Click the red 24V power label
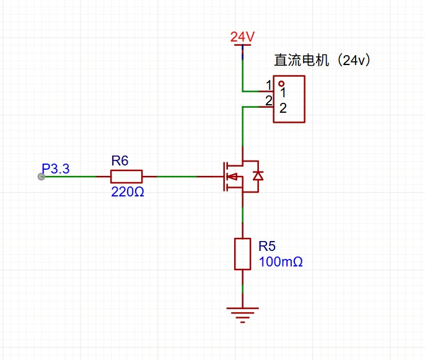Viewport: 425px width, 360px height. (x=242, y=37)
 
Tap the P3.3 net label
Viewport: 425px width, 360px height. (x=56, y=169)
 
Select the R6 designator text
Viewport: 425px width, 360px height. (x=120, y=161)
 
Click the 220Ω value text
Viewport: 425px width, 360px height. (x=128, y=192)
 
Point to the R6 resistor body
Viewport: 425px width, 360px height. (x=126, y=177)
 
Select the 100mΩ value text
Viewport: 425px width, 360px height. (x=281, y=262)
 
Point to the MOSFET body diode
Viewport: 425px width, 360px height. (x=257, y=176)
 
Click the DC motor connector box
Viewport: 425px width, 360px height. (x=289, y=99)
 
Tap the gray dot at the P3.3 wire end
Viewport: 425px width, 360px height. (x=42, y=177)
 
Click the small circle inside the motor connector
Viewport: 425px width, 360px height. (x=281, y=84)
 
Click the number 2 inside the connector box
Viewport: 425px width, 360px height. (x=283, y=109)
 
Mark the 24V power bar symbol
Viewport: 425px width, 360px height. (x=242, y=46)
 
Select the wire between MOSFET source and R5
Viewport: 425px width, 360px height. (x=242, y=214)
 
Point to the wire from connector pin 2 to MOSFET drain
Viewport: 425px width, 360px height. (x=242, y=127)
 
